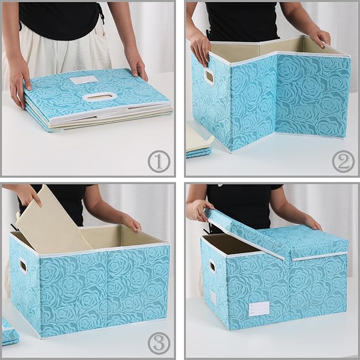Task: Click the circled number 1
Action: pyautogui.click(x=158, y=161)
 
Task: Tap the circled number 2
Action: pyautogui.click(x=343, y=161)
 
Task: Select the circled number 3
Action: pyautogui.click(x=158, y=344)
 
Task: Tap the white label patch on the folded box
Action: pyautogui.click(x=85, y=80)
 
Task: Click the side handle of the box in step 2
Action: pyautogui.click(x=209, y=77)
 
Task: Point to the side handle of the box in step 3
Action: pyautogui.click(x=24, y=266)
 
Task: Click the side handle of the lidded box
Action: pyautogui.click(x=212, y=266)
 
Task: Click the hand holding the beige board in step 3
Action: pyautogui.click(x=29, y=195)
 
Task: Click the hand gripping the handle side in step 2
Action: pyautogui.click(x=200, y=47)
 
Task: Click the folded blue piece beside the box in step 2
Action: pyautogui.click(x=198, y=152)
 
